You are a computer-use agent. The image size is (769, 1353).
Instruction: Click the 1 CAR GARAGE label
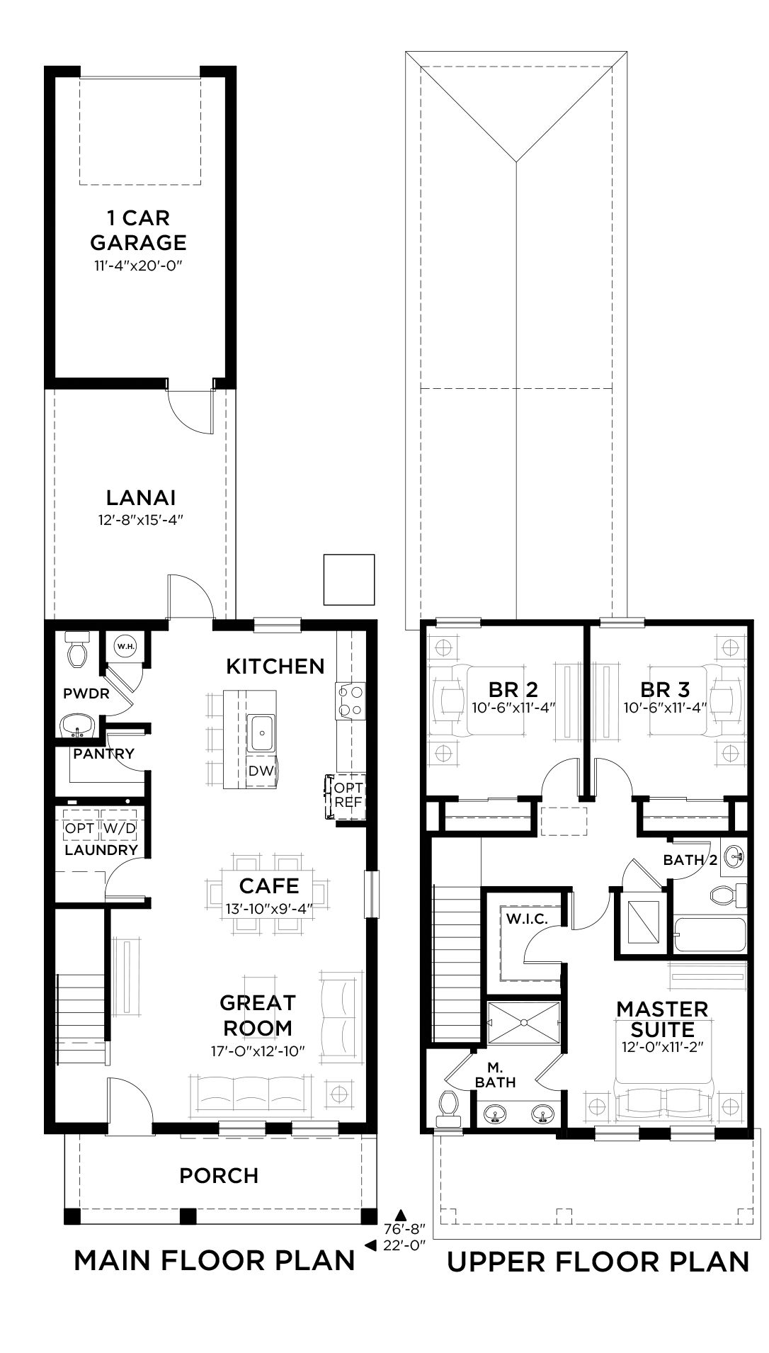(x=139, y=230)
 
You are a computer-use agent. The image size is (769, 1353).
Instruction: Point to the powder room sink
(x=77, y=726)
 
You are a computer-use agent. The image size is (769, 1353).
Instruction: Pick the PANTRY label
(x=103, y=754)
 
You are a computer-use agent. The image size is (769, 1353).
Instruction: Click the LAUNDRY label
(x=101, y=850)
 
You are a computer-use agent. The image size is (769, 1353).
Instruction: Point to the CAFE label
(x=269, y=885)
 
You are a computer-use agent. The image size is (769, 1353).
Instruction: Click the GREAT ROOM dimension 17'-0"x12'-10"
(x=257, y=1051)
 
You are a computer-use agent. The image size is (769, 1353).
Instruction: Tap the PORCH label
(x=219, y=1176)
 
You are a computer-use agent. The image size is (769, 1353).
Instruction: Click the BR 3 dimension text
(x=666, y=707)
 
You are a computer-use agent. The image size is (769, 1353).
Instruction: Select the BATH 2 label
(x=690, y=860)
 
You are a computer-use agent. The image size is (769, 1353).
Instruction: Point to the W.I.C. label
(x=525, y=918)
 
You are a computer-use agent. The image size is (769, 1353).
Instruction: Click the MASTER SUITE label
(x=662, y=1019)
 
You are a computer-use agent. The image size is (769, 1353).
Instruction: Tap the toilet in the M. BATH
(x=449, y=1109)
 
